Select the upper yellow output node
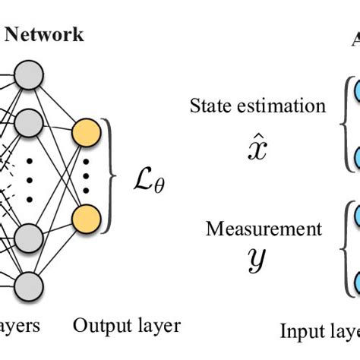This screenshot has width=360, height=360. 85,134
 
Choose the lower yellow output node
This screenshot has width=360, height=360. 85,219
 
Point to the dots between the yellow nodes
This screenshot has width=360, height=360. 86,177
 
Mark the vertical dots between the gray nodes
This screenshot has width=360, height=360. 31,178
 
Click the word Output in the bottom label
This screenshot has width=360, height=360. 96,327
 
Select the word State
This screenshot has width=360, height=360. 209,106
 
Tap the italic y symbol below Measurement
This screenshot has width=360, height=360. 258,261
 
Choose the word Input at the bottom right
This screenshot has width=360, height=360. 301,332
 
